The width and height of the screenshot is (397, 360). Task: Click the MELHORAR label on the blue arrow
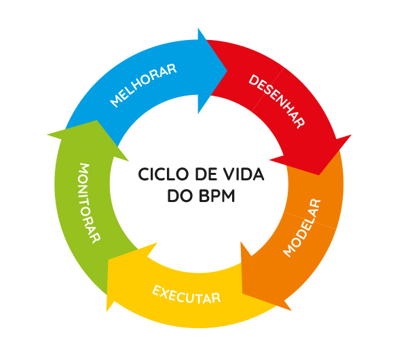(x=143, y=85)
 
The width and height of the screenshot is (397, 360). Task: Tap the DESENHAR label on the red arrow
(x=277, y=101)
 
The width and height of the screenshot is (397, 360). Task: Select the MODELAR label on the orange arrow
(x=302, y=228)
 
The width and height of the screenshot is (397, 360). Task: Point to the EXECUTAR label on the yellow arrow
(x=187, y=294)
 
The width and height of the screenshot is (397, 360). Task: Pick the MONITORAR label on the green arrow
(x=90, y=203)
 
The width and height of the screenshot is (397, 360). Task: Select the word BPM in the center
(x=217, y=196)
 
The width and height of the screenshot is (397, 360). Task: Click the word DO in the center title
(x=180, y=196)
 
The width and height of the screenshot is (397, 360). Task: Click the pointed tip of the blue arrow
(x=227, y=71)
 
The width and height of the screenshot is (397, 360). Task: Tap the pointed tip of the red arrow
(x=319, y=174)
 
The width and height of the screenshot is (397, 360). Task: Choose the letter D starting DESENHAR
(x=253, y=80)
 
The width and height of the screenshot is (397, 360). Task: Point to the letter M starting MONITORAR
(x=84, y=169)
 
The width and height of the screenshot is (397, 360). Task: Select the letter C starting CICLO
(x=144, y=174)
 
